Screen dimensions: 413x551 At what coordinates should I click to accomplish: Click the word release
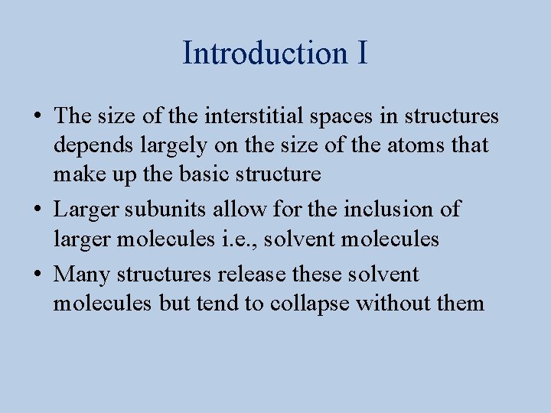click(252, 274)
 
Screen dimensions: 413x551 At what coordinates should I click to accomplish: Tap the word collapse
click(306, 304)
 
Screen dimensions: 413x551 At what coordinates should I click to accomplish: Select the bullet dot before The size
click(37, 117)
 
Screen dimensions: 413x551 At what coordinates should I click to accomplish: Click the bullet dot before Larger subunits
click(37, 209)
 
